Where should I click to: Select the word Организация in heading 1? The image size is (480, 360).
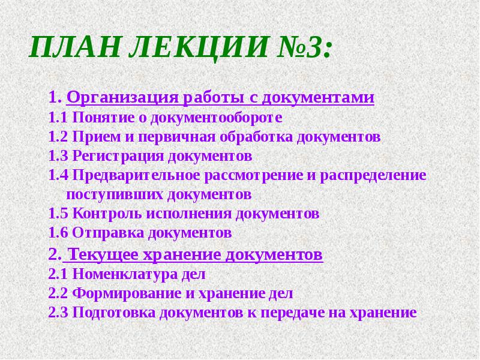coord(115,97)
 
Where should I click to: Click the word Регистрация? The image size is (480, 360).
coord(118,156)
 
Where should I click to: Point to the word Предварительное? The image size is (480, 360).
coord(137,175)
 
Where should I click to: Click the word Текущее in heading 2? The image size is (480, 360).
coord(100,254)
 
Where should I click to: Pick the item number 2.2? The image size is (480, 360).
coord(58,293)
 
